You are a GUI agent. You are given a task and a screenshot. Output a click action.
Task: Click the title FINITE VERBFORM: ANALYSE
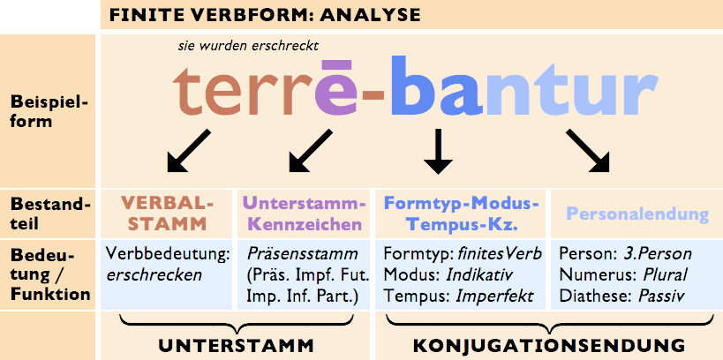tap(265, 15)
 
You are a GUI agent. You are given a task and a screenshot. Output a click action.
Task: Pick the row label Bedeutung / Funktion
tap(49, 274)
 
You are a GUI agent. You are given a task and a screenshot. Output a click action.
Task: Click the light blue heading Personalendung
tap(637, 214)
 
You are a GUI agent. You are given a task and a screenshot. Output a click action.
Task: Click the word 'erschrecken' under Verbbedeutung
tap(154, 274)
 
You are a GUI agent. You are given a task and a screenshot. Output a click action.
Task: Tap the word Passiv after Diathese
tap(658, 296)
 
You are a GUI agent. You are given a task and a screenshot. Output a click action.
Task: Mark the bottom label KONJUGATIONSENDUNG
tap(549, 342)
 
